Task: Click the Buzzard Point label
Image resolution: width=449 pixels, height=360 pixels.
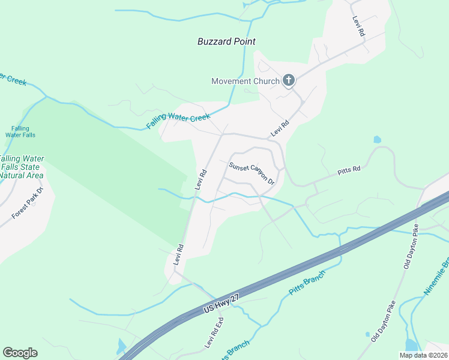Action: click(x=226, y=41)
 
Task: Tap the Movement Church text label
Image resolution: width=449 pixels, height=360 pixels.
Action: click(x=246, y=81)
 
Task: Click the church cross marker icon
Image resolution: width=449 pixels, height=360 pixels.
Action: click(x=289, y=80)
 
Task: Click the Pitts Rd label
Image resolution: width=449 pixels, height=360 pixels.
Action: click(x=348, y=170)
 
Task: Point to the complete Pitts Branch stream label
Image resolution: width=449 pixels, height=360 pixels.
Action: click(x=307, y=282)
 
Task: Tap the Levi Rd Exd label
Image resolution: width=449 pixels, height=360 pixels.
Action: click(x=214, y=334)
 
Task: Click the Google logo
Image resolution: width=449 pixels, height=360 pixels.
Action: click(x=20, y=353)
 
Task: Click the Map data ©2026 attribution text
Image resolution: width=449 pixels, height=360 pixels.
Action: click(x=423, y=355)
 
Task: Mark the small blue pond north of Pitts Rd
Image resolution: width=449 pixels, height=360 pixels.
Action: click(x=377, y=140)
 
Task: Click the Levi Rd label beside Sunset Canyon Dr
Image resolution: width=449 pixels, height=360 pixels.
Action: click(x=200, y=180)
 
